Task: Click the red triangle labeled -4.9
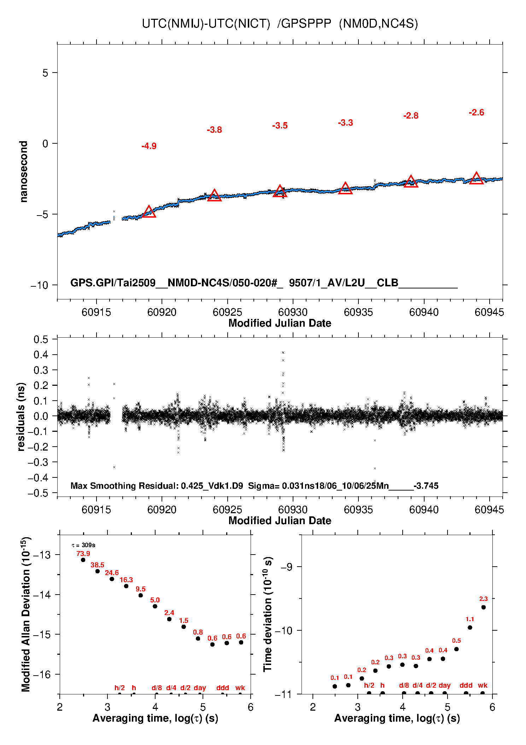point(149,212)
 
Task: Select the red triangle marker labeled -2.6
point(476,179)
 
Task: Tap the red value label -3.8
point(214,130)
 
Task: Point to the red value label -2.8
point(411,116)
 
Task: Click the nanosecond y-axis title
point(23,172)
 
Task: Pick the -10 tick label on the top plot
point(40,285)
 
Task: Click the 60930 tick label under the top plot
point(293,312)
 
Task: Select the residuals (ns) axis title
point(21,417)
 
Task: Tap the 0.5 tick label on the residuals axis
point(41,340)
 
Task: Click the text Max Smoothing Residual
point(125,486)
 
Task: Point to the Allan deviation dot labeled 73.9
point(83,560)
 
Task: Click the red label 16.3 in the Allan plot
point(126,580)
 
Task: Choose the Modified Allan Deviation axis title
point(26,615)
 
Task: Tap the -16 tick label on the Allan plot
point(42,675)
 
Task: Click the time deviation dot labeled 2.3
point(484,607)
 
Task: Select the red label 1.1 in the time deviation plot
point(470,619)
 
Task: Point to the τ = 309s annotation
point(83,545)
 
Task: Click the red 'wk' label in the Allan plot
point(240,688)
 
